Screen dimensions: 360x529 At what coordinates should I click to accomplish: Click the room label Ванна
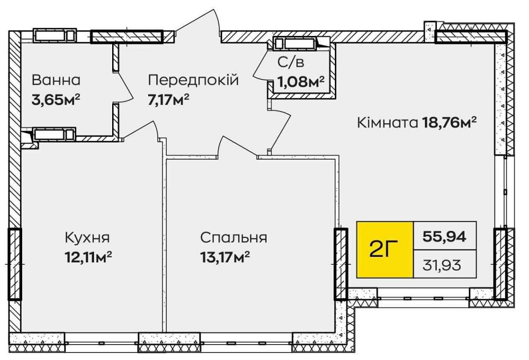(x=56, y=80)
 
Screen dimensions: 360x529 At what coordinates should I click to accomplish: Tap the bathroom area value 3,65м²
(x=59, y=99)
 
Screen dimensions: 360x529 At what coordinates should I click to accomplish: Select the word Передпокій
(x=193, y=80)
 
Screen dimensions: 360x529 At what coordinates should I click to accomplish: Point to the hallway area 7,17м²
(x=169, y=99)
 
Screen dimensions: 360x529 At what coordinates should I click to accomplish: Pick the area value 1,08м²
(x=300, y=82)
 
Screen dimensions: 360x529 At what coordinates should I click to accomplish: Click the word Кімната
(x=388, y=123)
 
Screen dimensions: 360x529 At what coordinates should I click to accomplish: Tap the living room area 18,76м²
(x=450, y=123)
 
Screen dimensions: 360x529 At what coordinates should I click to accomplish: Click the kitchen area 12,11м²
(x=87, y=256)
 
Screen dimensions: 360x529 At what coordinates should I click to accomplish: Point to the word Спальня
(x=233, y=237)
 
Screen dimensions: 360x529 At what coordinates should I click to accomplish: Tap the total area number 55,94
(x=444, y=237)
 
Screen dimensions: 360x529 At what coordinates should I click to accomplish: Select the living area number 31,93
(x=444, y=262)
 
